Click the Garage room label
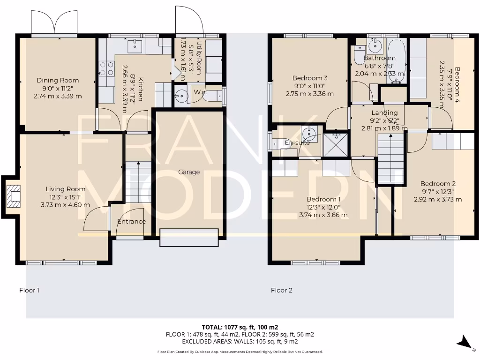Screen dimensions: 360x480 189,172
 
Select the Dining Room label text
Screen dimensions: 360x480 58,80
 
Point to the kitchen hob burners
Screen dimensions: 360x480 107,69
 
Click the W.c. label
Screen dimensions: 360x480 201,92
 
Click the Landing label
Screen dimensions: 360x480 384,112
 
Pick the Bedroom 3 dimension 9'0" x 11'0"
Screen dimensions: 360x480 309,86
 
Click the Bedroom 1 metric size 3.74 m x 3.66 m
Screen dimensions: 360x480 323,215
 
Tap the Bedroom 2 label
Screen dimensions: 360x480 437,184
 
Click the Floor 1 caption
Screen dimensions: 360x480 29,290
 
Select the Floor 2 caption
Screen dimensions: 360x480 281,290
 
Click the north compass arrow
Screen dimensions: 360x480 465,342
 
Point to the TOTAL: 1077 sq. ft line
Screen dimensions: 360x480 240,327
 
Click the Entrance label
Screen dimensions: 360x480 131,221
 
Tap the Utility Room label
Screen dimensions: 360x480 200,57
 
